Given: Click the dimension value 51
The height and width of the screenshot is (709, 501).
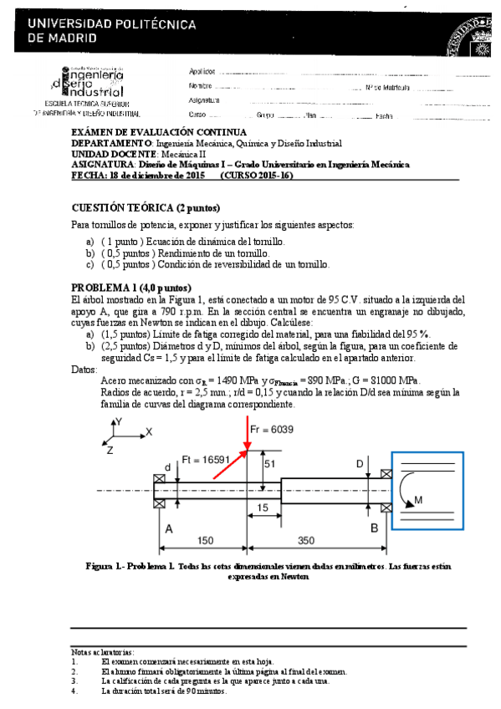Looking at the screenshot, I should tap(269, 463).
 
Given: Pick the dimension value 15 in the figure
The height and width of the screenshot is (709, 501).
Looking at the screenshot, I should tap(263, 508).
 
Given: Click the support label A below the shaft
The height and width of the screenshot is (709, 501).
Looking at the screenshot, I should tap(169, 529).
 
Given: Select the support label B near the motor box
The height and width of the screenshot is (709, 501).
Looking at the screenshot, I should tap(374, 528).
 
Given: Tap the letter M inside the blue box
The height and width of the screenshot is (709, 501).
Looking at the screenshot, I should tap(418, 500).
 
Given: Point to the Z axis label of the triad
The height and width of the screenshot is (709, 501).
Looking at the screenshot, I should tap(110, 450).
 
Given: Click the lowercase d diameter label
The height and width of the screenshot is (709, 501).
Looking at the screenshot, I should tap(168, 467).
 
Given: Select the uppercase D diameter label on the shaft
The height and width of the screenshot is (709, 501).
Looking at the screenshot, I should tap(360, 463).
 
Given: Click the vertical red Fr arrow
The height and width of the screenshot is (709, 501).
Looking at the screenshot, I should tap(247, 438).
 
